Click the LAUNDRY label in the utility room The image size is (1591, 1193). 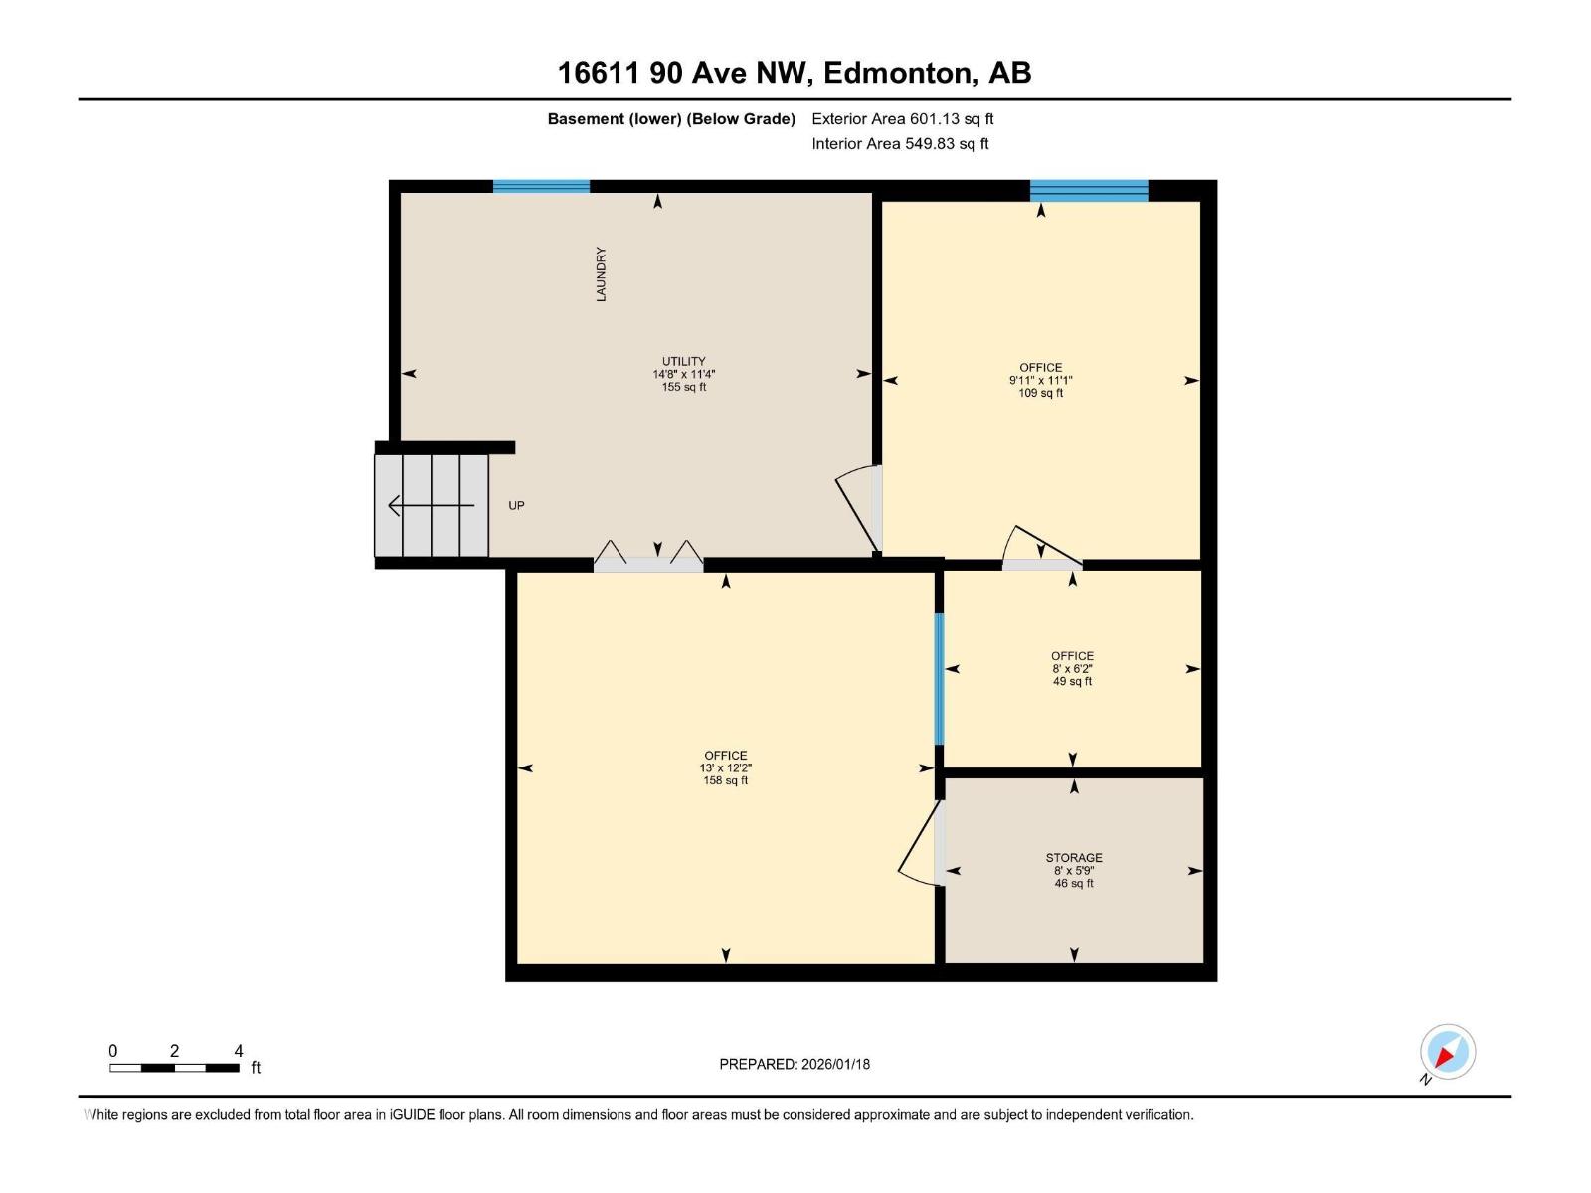click(x=601, y=274)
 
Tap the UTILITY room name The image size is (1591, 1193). click(x=684, y=362)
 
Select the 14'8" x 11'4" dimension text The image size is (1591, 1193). click(x=684, y=375)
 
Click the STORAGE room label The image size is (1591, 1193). click(x=1074, y=858)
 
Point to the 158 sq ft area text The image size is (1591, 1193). click(x=726, y=781)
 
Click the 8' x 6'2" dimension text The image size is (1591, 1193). click(x=1073, y=669)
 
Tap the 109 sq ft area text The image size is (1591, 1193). click(x=1041, y=393)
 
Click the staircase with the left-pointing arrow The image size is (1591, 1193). click(x=432, y=506)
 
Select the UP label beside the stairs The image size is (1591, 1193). click(x=516, y=506)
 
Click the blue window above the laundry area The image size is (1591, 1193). click(x=542, y=186)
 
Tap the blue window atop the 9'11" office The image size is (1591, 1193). click(x=1089, y=190)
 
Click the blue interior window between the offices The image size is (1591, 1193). click(x=939, y=679)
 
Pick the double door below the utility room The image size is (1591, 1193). click(x=648, y=559)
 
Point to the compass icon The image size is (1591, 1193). click(x=1447, y=1052)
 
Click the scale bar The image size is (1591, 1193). click(x=175, y=1068)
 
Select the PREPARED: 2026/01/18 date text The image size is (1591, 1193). click(x=795, y=1064)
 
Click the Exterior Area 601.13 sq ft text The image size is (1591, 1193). click(x=903, y=119)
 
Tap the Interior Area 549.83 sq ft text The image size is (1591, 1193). click(x=900, y=144)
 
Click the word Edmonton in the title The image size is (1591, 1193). click(x=898, y=73)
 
